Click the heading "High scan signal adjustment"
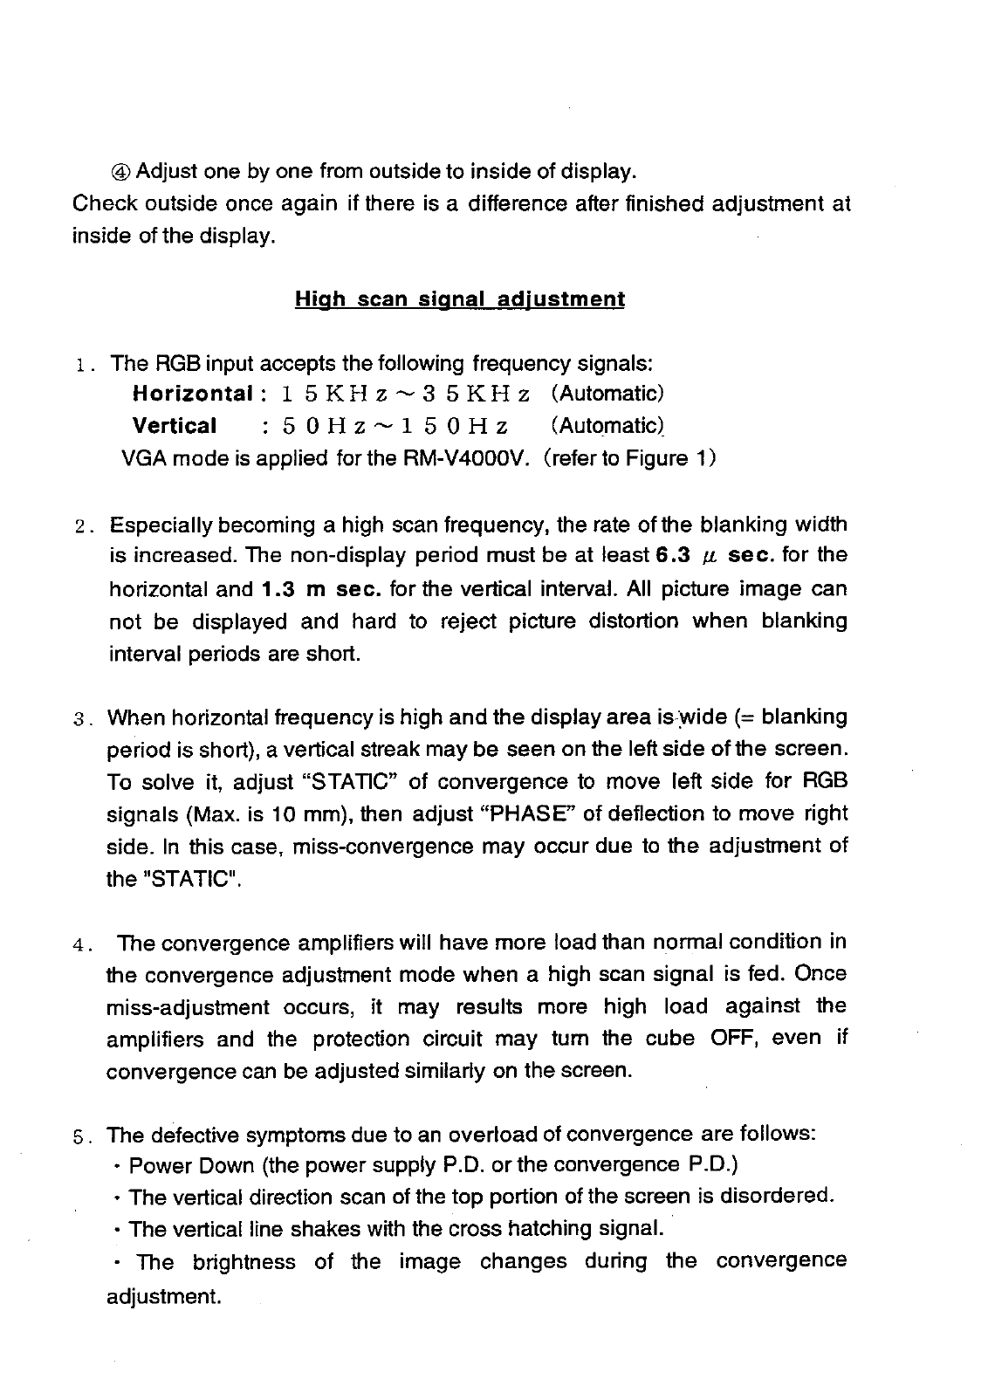459,300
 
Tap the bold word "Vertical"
175,426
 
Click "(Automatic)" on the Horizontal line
608,394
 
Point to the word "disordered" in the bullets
774,1197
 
